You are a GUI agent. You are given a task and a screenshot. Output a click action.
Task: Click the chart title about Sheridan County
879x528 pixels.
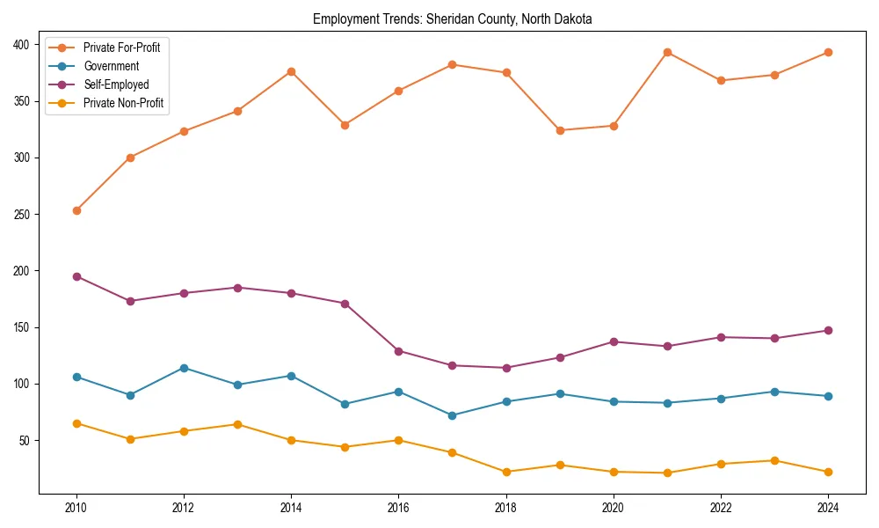[x=452, y=19]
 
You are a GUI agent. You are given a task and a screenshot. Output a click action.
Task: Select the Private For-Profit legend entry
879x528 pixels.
[x=121, y=48]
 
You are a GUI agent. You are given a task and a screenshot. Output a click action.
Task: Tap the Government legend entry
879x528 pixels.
[x=111, y=66]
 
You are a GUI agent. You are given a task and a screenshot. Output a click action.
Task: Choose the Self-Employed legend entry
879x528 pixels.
[x=117, y=84]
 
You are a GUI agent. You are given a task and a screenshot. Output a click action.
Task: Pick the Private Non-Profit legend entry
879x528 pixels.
[x=123, y=103]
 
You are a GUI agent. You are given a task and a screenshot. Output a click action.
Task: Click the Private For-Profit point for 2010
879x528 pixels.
[x=76, y=210]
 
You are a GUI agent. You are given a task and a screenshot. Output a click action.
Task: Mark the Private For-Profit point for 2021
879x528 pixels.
[x=667, y=52]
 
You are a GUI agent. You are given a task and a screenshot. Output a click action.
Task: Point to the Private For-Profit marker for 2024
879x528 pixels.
[x=828, y=52]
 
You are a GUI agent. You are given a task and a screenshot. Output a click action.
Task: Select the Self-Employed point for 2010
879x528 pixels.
[x=76, y=276]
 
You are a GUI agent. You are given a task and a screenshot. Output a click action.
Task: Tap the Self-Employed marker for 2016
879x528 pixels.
[x=398, y=351]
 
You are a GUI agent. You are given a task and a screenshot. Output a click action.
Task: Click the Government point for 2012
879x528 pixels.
[x=184, y=368]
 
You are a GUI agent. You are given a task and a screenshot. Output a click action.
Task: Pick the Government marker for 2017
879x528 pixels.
[x=452, y=415]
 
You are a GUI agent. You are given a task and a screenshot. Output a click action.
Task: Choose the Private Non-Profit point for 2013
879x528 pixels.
[x=237, y=424]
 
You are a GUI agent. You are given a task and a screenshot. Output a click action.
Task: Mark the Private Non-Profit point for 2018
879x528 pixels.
[x=506, y=472]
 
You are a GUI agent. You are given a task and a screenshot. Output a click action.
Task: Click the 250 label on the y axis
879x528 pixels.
[x=23, y=215]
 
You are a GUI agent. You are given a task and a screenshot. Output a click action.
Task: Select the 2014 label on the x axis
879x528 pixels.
[x=291, y=508]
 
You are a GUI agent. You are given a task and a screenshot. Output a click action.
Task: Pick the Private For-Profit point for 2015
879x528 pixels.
[x=345, y=125]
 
